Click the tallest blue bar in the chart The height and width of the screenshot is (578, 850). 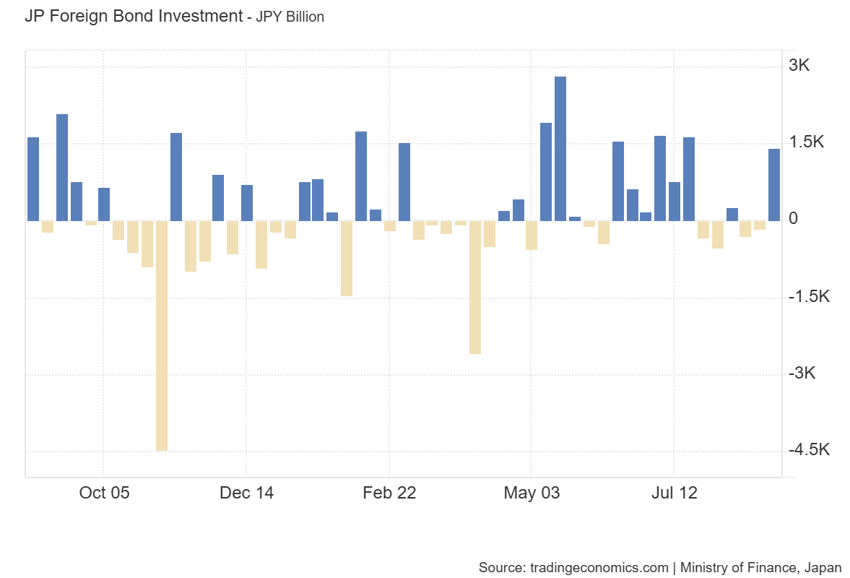point(560,148)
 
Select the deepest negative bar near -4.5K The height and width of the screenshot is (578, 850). point(162,336)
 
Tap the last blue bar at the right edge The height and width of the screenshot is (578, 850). point(774,185)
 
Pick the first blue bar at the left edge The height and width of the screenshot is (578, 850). point(33,179)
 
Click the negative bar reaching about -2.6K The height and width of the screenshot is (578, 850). point(474,288)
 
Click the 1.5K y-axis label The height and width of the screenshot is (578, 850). point(807,142)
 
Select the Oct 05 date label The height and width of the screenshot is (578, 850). point(104,493)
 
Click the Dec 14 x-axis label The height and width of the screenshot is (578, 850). point(246,493)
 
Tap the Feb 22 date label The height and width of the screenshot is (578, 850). point(389,493)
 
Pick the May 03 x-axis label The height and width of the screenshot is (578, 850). point(532,493)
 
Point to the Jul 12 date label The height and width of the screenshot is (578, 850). point(674,493)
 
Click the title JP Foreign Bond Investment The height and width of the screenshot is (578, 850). point(133,16)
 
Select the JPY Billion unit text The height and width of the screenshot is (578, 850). point(285,17)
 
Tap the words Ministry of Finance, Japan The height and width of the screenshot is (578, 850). point(760,567)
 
